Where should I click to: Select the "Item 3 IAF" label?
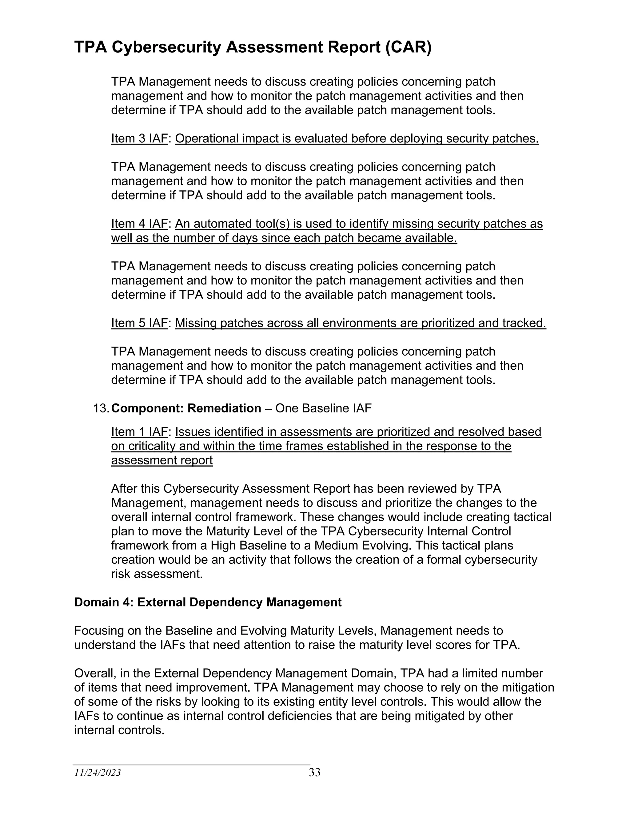[x=139, y=138]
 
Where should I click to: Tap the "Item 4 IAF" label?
[x=139, y=224]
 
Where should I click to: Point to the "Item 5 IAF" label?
[x=139, y=323]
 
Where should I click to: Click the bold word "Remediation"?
[x=224, y=408]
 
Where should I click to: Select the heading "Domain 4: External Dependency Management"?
[x=208, y=602]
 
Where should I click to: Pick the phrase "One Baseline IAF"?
[x=323, y=408]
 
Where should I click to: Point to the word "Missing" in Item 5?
[x=196, y=323]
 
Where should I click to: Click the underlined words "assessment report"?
[x=162, y=460]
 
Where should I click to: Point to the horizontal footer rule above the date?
[x=191, y=765]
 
